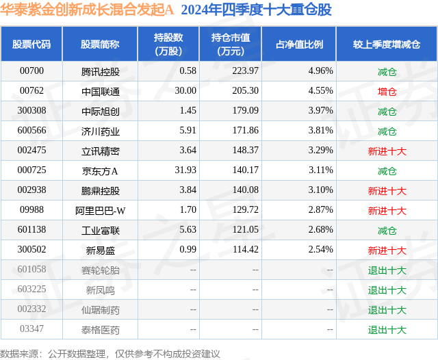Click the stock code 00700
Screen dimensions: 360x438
[x=31, y=70]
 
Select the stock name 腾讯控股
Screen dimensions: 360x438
[x=100, y=70]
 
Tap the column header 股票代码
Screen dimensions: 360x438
[x=31, y=44]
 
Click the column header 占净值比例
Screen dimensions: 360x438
[x=299, y=44]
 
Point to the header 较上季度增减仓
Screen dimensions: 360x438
[x=387, y=44]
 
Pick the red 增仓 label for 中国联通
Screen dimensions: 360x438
[x=387, y=90]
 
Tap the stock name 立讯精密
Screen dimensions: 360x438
[x=100, y=151]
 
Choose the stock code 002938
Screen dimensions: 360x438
[x=31, y=190]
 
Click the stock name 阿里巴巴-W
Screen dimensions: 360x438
[x=100, y=210]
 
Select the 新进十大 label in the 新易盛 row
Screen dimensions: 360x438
[x=387, y=250]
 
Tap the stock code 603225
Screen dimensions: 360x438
[x=31, y=290]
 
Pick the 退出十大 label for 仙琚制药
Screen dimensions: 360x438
[x=387, y=310]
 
